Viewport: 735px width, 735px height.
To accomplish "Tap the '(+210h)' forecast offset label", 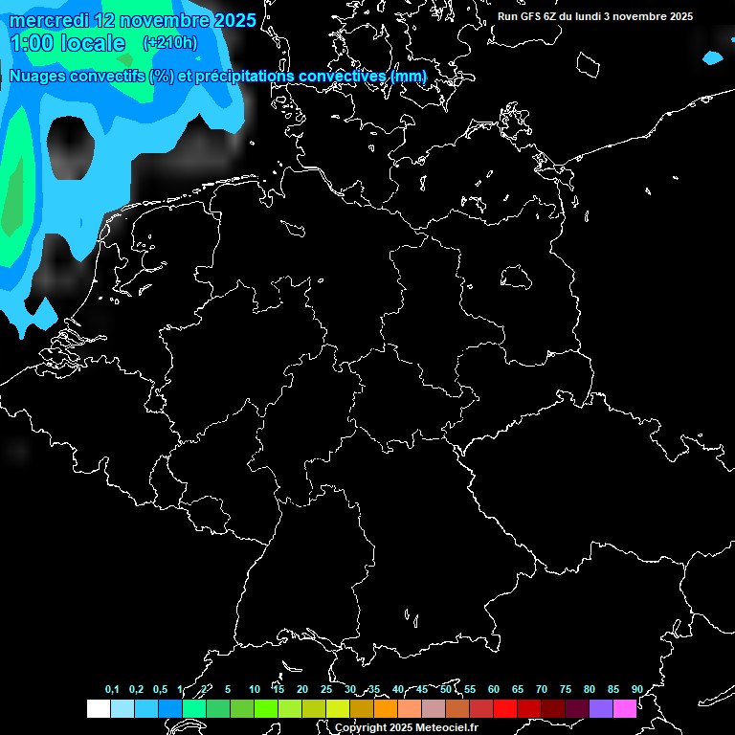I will [x=169, y=42].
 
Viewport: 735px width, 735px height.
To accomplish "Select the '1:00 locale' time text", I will [x=67, y=43].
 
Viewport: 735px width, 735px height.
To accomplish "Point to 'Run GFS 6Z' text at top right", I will [x=533, y=16].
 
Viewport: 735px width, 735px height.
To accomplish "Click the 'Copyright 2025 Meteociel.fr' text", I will [x=406, y=727].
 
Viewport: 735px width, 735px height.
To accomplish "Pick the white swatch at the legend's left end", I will [x=98, y=708].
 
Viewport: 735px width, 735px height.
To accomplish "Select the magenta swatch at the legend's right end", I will [x=624, y=708].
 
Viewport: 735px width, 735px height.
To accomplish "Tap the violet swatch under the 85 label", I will [x=600, y=708].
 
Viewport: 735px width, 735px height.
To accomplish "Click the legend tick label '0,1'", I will [x=112, y=689].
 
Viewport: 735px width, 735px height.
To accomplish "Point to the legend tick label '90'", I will [x=636, y=689].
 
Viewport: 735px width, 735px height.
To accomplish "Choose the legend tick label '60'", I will [x=493, y=689].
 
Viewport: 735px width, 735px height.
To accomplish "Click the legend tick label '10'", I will [x=254, y=689].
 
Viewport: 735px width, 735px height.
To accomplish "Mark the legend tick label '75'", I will [x=565, y=689].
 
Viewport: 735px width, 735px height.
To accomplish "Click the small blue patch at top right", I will [x=712, y=58].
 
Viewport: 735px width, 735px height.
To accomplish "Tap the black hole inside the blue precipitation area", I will [x=72, y=148].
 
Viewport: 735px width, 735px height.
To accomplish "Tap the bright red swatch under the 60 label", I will [x=504, y=708].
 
